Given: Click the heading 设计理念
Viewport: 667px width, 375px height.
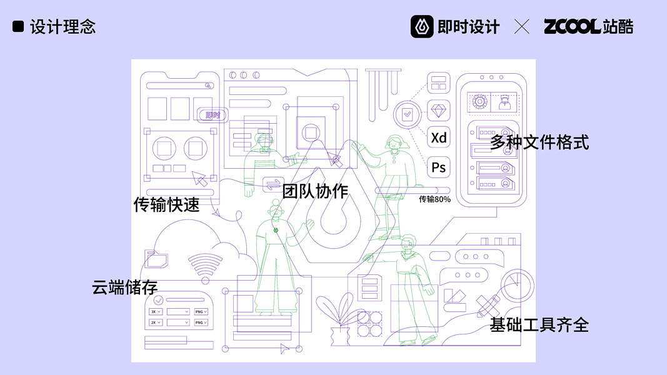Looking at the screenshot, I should pos(63,27).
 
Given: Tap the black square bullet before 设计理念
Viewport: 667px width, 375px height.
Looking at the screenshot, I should pos(18,26).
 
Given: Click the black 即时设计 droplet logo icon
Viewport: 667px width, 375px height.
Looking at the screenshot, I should pos(422,26).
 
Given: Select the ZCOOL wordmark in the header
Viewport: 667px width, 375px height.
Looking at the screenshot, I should pos(571,26).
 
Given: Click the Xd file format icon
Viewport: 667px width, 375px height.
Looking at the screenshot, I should pos(439,137).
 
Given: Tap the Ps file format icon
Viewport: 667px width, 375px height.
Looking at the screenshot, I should pos(439,167).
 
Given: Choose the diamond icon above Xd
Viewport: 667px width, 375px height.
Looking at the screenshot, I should pos(439,111).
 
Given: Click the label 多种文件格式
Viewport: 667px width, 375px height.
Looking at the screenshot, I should pos(539,142).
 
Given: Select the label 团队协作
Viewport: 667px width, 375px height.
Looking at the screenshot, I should pos(315,191).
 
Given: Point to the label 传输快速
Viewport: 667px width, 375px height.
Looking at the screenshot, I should pos(166,204).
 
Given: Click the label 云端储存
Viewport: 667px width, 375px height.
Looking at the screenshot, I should pos(124,287).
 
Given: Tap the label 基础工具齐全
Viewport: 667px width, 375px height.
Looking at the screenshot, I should pos(539,325).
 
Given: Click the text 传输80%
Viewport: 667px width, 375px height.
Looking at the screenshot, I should pos(434,199).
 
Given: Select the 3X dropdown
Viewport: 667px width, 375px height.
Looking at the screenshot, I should pos(156,311).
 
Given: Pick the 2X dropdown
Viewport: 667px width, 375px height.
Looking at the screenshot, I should pos(156,322).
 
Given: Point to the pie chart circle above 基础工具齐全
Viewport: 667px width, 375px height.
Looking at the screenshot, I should pos(516,284).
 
